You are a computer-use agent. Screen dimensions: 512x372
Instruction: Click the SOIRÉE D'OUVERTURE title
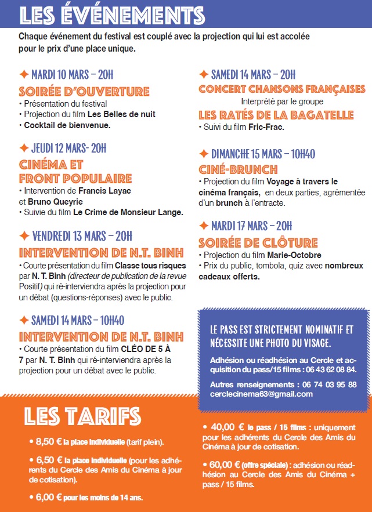click(x=84, y=92)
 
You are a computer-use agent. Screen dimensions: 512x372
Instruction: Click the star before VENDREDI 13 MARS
click(x=24, y=236)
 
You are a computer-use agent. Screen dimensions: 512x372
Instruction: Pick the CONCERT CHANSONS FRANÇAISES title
click(x=282, y=89)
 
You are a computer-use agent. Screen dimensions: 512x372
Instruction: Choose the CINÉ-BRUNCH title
click(x=238, y=170)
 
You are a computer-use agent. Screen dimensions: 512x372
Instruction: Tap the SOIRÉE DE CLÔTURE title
click(x=258, y=242)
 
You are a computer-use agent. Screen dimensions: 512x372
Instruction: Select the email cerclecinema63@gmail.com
click(x=261, y=394)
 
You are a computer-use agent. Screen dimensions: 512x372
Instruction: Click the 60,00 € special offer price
click(x=226, y=464)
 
